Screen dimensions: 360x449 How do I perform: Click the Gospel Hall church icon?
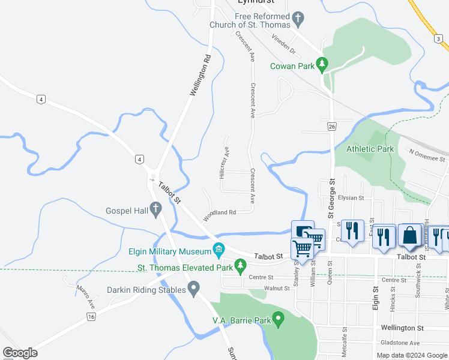point(156,211)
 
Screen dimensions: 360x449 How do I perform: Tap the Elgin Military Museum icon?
point(219,249)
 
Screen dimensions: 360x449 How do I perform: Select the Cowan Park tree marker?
point(322,63)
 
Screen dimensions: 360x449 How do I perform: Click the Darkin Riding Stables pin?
point(193,289)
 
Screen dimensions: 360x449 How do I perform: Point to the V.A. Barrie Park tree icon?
point(278,319)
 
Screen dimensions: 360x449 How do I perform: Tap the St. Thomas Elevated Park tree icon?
point(241,265)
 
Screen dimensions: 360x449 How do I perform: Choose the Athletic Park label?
point(370,149)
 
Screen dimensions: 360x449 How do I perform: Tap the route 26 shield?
point(331,126)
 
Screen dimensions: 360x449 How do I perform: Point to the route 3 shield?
point(439,39)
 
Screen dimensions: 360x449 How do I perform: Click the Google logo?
point(20,353)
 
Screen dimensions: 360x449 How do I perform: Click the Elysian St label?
point(351,197)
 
